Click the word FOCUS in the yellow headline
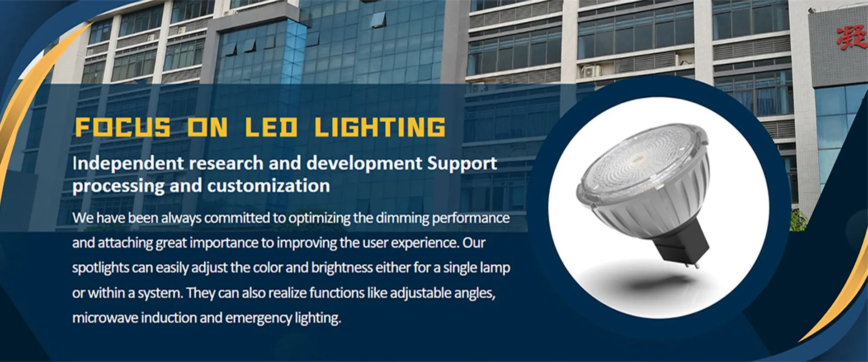click(123, 127)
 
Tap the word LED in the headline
click(271, 127)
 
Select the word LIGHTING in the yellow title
click(380, 127)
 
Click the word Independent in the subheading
click(128, 164)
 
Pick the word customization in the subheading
click(269, 186)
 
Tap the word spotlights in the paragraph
click(100, 268)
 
